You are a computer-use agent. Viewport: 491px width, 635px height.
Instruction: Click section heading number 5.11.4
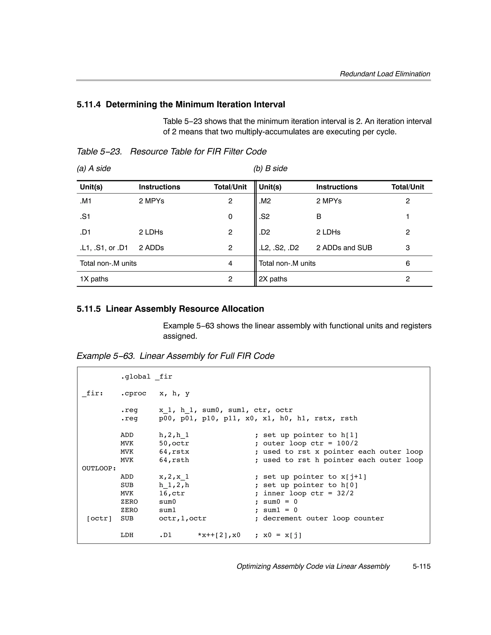(x=88, y=104)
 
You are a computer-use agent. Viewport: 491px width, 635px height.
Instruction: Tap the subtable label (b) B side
(x=270, y=168)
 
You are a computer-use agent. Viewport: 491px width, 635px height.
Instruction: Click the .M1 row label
(x=86, y=201)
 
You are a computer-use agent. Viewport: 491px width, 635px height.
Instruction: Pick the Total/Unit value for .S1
(x=230, y=217)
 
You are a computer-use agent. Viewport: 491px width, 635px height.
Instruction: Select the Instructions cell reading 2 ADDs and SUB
(x=344, y=248)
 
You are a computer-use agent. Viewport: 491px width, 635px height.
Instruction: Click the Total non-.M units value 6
(x=408, y=263)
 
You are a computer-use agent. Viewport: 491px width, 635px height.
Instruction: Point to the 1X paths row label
(x=94, y=279)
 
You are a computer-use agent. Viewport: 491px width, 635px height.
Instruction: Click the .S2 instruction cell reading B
(x=319, y=217)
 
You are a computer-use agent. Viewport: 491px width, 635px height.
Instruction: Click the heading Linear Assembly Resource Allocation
(x=185, y=309)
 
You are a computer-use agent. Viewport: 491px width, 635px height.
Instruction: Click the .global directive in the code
(x=136, y=377)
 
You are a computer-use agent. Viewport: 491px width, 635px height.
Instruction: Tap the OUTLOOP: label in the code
(x=99, y=468)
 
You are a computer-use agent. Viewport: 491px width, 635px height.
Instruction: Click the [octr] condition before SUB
(x=99, y=518)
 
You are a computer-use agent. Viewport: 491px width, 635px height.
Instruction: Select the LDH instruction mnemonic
(x=127, y=535)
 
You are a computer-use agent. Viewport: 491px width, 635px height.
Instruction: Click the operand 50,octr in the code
(x=174, y=443)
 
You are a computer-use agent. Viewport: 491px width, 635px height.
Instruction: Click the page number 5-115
(x=421, y=566)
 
